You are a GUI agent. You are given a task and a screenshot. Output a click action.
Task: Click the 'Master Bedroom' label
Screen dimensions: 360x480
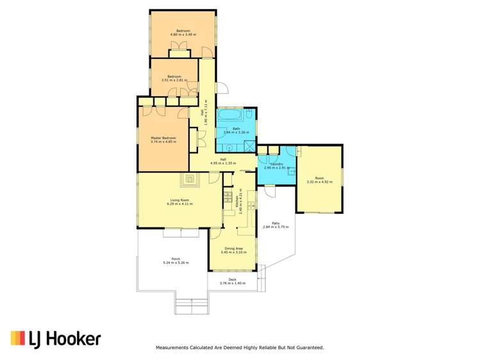[x=163, y=138]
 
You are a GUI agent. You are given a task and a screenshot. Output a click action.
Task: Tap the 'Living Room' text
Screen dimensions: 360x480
[x=179, y=200]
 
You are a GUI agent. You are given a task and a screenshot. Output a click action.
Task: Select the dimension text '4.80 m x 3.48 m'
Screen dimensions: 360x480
[x=183, y=33]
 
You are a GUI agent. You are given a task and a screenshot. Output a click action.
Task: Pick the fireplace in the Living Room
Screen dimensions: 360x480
[x=190, y=179]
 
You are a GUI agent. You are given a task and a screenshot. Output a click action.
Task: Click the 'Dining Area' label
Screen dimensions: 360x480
[x=233, y=249]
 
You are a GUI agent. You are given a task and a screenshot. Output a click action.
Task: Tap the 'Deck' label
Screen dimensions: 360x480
[x=232, y=279]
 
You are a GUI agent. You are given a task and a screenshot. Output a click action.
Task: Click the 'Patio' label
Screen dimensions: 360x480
[x=275, y=223]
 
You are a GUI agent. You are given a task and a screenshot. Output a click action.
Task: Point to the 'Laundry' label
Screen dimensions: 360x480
[x=277, y=164]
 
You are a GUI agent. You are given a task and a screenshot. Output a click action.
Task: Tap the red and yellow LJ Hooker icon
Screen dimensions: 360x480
[x=17, y=339]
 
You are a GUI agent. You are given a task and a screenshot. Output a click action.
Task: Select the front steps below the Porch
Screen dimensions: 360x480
[x=192, y=307]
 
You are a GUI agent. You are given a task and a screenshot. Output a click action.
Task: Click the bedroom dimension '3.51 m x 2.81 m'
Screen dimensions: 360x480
[x=175, y=80]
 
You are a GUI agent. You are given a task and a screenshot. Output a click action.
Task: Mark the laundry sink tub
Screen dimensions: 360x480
[x=292, y=171]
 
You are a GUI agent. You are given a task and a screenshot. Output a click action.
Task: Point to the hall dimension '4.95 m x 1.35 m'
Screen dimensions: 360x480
[x=223, y=163]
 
